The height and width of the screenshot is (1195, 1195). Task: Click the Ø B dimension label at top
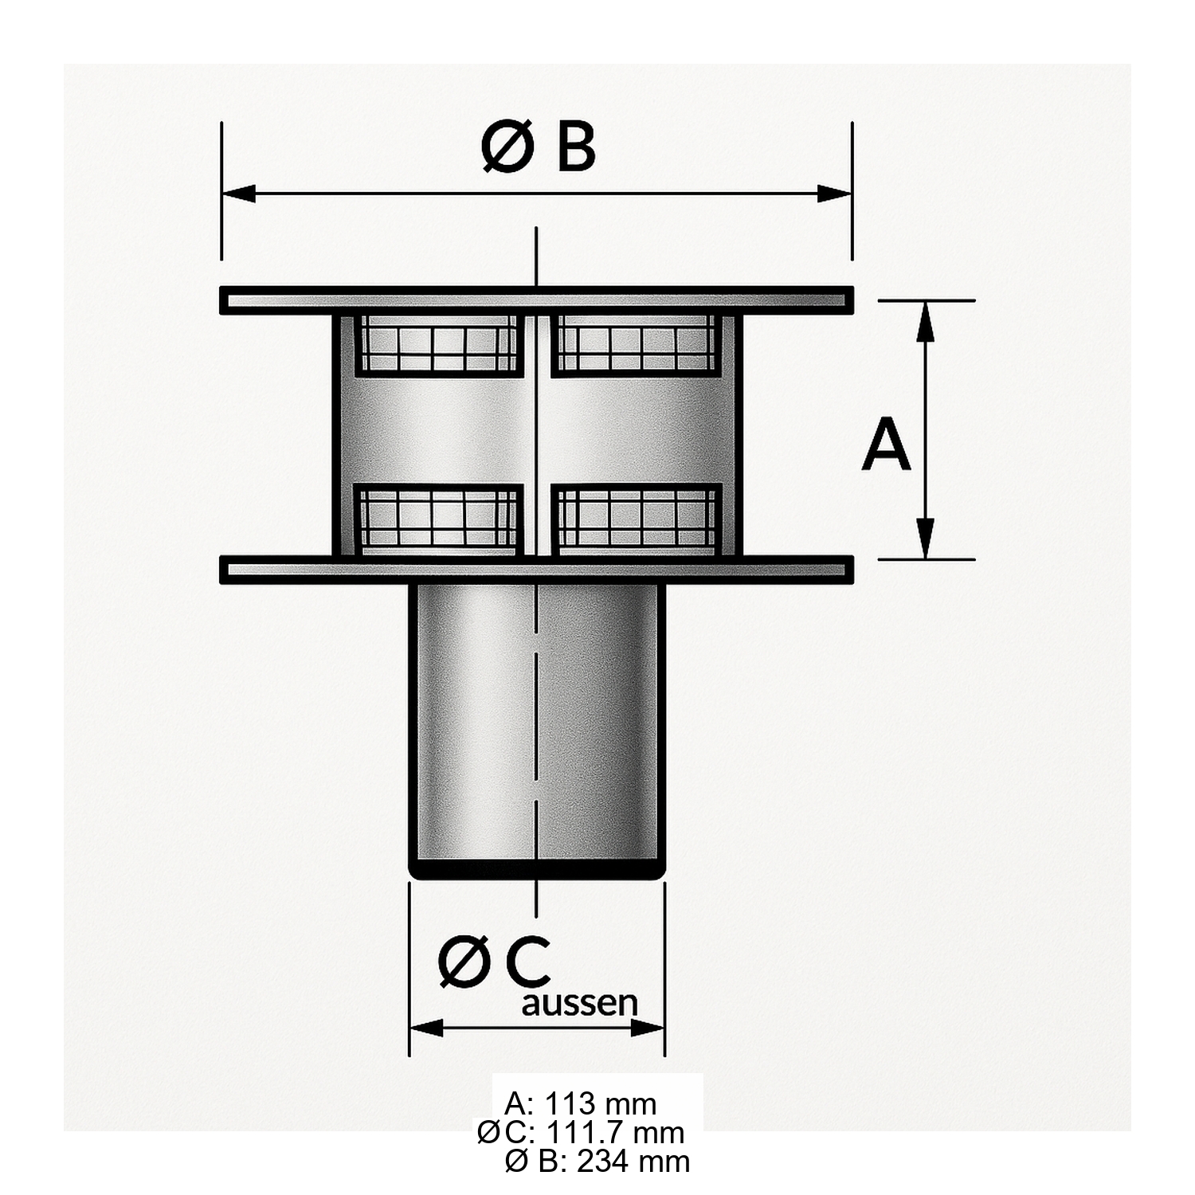tap(539, 148)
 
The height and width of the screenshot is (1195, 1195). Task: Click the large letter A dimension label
tap(886, 447)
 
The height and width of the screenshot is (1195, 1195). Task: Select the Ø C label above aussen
tap(495, 962)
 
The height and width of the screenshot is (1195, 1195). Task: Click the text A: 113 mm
tap(581, 1104)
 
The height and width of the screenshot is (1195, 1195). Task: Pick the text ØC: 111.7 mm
tap(581, 1132)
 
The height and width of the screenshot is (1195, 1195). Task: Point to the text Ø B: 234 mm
tap(597, 1161)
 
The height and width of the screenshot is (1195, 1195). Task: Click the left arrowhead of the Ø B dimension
tap(238, 194)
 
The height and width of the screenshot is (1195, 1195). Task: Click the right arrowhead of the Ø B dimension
tap(835, 194)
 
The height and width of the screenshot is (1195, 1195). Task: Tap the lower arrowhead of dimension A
tap(925, 539)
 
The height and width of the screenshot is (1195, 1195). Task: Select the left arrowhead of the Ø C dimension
tap(426, 1028)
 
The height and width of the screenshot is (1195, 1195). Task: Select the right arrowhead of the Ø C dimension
tap(648, 1028)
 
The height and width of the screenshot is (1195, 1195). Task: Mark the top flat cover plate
tap(537, 300)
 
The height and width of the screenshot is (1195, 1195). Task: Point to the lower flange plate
tap(537, 570)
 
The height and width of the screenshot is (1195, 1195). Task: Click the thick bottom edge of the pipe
tap(537, 873)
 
